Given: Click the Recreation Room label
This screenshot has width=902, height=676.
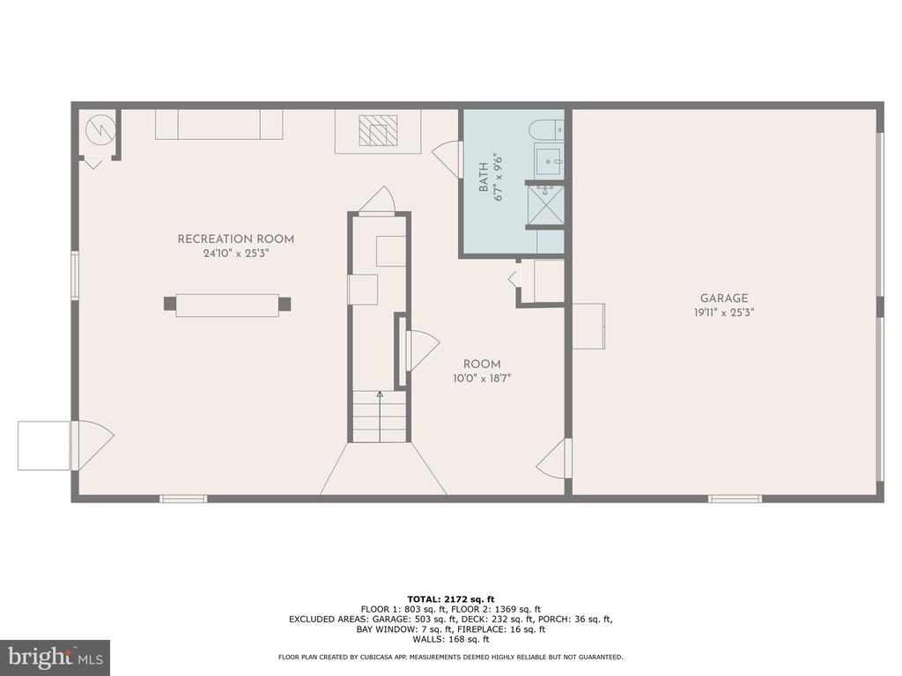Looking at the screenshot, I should (x=235, y=239).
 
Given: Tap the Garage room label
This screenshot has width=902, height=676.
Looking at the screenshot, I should (x=724, y=299).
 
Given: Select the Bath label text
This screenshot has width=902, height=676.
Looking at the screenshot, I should (x=484, y=178).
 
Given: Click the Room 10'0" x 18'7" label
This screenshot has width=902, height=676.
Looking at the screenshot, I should (x=482, y=364).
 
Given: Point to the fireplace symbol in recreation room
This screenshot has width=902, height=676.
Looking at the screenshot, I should (x=377, y=131).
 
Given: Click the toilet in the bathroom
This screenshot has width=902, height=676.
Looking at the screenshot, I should (x=547, y=130).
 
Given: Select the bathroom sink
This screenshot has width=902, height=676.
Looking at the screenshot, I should (x=548, y=161).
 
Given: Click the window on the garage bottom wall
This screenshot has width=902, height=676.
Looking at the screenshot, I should (x=735, y=498).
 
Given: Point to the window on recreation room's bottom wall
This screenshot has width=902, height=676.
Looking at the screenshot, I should (x=183, y=498).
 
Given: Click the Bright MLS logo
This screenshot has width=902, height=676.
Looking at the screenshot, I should (x=55, y=657).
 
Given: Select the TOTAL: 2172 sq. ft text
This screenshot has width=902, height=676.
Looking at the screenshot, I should (x=450, y=599).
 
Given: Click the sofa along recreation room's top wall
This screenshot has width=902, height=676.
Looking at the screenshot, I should (x=218, y=124).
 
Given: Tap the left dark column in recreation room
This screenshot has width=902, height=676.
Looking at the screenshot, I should (x=169, y=304).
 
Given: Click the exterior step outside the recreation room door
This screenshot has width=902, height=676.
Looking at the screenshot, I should (x=44, y=445).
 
